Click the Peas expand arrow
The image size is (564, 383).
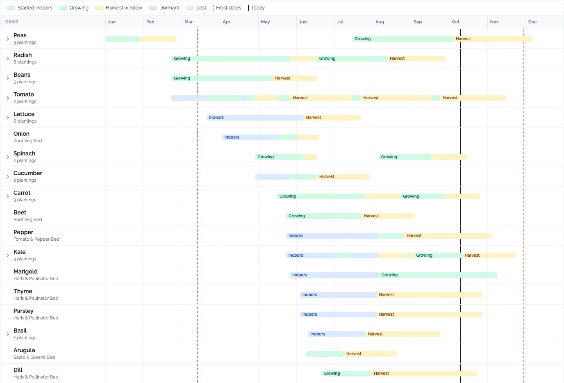8,39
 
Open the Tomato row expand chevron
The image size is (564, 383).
8,98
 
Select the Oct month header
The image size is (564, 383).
455,22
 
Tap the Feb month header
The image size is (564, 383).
150,22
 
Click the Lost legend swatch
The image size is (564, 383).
190,8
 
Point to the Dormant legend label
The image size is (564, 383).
169,8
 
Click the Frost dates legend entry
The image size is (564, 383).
227,8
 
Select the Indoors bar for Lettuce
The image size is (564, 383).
255,117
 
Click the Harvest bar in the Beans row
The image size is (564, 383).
295,78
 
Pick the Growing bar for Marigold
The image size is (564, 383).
438,275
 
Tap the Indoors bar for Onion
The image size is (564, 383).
248,137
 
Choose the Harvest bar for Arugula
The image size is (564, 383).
370,353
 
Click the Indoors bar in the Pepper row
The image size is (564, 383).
332,236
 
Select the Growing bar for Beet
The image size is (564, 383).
323,216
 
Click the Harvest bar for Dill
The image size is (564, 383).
424,373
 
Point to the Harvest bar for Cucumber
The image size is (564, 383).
343,177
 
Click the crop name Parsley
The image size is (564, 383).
23,311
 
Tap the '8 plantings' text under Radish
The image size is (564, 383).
25,62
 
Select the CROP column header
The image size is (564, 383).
12,22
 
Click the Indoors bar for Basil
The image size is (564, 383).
337,334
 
